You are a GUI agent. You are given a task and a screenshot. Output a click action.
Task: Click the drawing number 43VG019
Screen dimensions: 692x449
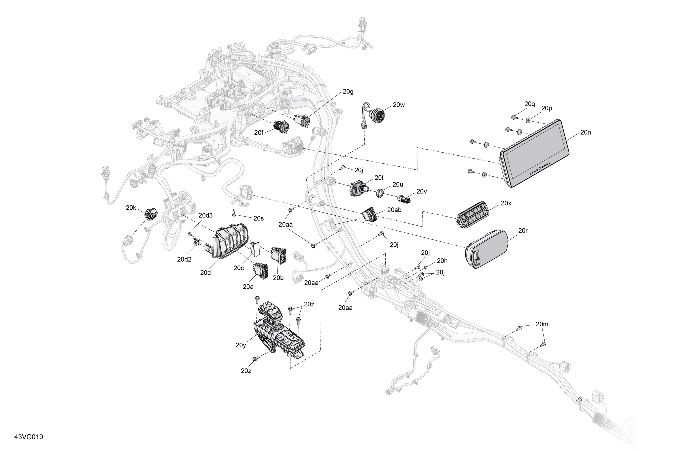29,437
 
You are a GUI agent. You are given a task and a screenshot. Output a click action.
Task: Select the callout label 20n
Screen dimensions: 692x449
586,133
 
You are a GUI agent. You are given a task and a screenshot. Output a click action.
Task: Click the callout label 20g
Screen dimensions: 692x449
348,91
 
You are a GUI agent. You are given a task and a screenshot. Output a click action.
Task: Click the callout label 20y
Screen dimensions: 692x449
241,345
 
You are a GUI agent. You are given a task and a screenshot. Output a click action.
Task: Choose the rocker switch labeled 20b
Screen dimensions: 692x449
279,255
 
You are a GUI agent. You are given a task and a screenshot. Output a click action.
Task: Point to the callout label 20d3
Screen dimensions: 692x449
206,215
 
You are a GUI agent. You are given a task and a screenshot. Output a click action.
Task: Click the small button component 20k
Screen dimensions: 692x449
150,214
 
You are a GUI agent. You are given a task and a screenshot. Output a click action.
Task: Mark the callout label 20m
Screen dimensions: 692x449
542,324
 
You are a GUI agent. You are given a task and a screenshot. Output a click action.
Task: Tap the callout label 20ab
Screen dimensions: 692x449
394,210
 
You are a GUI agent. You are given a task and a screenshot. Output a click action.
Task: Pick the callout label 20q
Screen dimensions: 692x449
529,104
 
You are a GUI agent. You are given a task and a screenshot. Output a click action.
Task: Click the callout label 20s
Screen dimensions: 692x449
259,218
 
